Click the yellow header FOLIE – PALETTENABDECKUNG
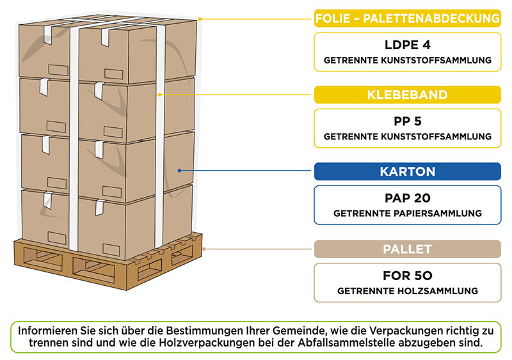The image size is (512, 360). pos(407,19)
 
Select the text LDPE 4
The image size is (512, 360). pos(407,46)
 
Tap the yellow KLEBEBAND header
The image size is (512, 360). pos(407,95)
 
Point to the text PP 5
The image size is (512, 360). pos(407,121)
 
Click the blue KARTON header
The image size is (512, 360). pos(407,171)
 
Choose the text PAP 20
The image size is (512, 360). pos(407,198)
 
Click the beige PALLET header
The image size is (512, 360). pos(407,249)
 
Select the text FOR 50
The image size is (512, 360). pos(407,276)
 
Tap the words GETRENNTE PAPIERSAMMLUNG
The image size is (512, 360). pos(407,214)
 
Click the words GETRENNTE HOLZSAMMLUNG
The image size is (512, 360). pos(407,291)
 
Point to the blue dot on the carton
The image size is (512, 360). pos(180,171)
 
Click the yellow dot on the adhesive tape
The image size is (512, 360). pos(160,95)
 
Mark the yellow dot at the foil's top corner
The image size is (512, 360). pos(200,19)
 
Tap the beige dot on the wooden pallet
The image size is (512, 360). pos(204,248)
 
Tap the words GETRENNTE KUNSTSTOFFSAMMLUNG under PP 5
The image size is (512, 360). pos(407,136)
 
